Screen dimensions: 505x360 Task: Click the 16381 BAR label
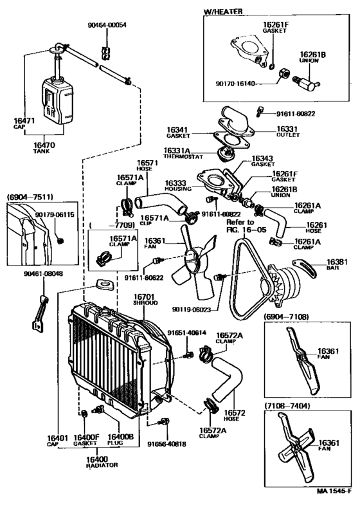click(x=336, y=265)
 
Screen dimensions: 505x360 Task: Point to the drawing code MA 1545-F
click(x=334, y=493)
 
